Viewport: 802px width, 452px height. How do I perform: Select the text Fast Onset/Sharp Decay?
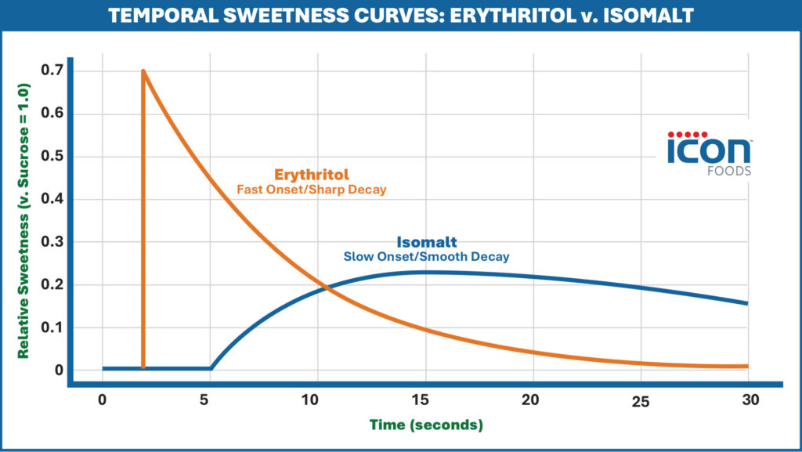tap(312, 190)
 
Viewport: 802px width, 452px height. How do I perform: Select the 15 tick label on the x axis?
tap(424, 399)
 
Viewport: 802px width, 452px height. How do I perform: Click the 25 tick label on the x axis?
tap(640, 401)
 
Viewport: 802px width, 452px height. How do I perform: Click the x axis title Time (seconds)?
tap(428, 425)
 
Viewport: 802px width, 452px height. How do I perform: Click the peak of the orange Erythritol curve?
tap(143, 71)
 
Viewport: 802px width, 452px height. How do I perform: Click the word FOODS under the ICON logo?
tap(728, 171)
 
